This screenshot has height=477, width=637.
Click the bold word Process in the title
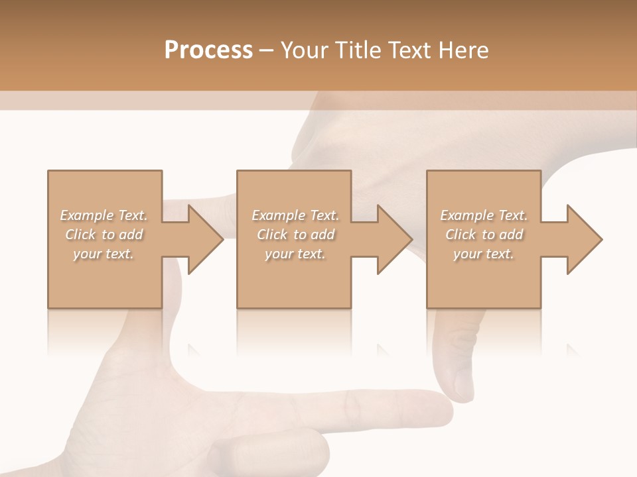click(208, 50)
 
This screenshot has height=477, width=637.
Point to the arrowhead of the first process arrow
click(206, 239)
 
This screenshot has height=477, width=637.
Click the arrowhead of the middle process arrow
click(395, 239)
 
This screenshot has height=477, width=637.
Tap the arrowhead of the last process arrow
click(585, 239)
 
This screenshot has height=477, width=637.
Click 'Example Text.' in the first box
click(104, 215)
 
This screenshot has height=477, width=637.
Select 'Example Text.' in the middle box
click(295, 215)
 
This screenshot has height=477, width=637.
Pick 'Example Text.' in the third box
click(484, 215)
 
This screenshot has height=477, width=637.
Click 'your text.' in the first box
click(104, 254)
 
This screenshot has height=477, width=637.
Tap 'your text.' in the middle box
click(295, 254)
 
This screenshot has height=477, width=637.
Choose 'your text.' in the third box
click(484, 254)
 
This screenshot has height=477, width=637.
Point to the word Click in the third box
click(461, 235)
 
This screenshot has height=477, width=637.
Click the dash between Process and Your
click(267, 50)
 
